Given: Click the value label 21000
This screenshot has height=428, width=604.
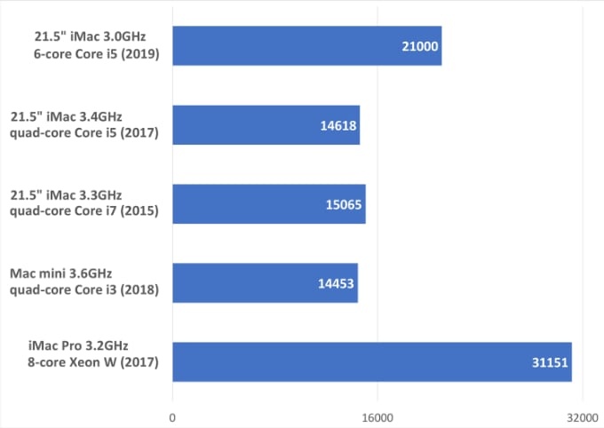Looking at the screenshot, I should (x=420, y=46).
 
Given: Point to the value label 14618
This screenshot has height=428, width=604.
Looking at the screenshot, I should (x=338, y=125).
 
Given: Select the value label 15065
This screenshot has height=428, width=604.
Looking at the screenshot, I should (x=344, y=204).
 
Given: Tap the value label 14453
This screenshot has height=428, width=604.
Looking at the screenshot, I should (x=337, y=282).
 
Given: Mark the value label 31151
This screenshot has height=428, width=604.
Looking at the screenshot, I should (x=550, y=361).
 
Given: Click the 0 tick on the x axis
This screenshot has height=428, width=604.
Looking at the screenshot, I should (x=172, y=415).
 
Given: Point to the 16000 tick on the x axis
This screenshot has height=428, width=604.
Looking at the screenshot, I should (x=377, y=415).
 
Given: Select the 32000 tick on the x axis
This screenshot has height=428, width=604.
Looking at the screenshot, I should (x=582, y=415).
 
